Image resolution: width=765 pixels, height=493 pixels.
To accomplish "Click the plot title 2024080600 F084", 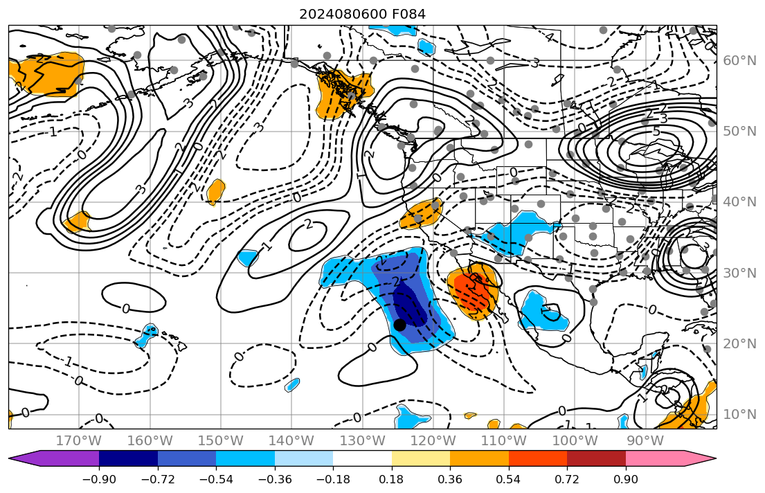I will pos(362,14).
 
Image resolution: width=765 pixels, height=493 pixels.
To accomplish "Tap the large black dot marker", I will pos(399,324).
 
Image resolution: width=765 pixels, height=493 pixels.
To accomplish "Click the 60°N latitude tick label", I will pos(739,61).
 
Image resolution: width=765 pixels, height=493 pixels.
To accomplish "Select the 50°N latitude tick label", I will pos(739,132).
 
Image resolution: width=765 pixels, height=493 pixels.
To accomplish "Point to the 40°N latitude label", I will pos(739,202).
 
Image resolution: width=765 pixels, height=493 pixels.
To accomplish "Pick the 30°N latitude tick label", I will pos(739,273).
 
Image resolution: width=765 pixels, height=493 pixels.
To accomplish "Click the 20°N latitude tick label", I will pos(739,344).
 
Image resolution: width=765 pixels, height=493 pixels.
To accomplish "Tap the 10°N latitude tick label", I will pos(739,415).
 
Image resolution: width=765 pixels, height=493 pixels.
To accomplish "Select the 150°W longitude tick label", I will pos(221,440).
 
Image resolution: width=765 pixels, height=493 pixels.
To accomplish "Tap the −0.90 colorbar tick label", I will pos(99,480).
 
